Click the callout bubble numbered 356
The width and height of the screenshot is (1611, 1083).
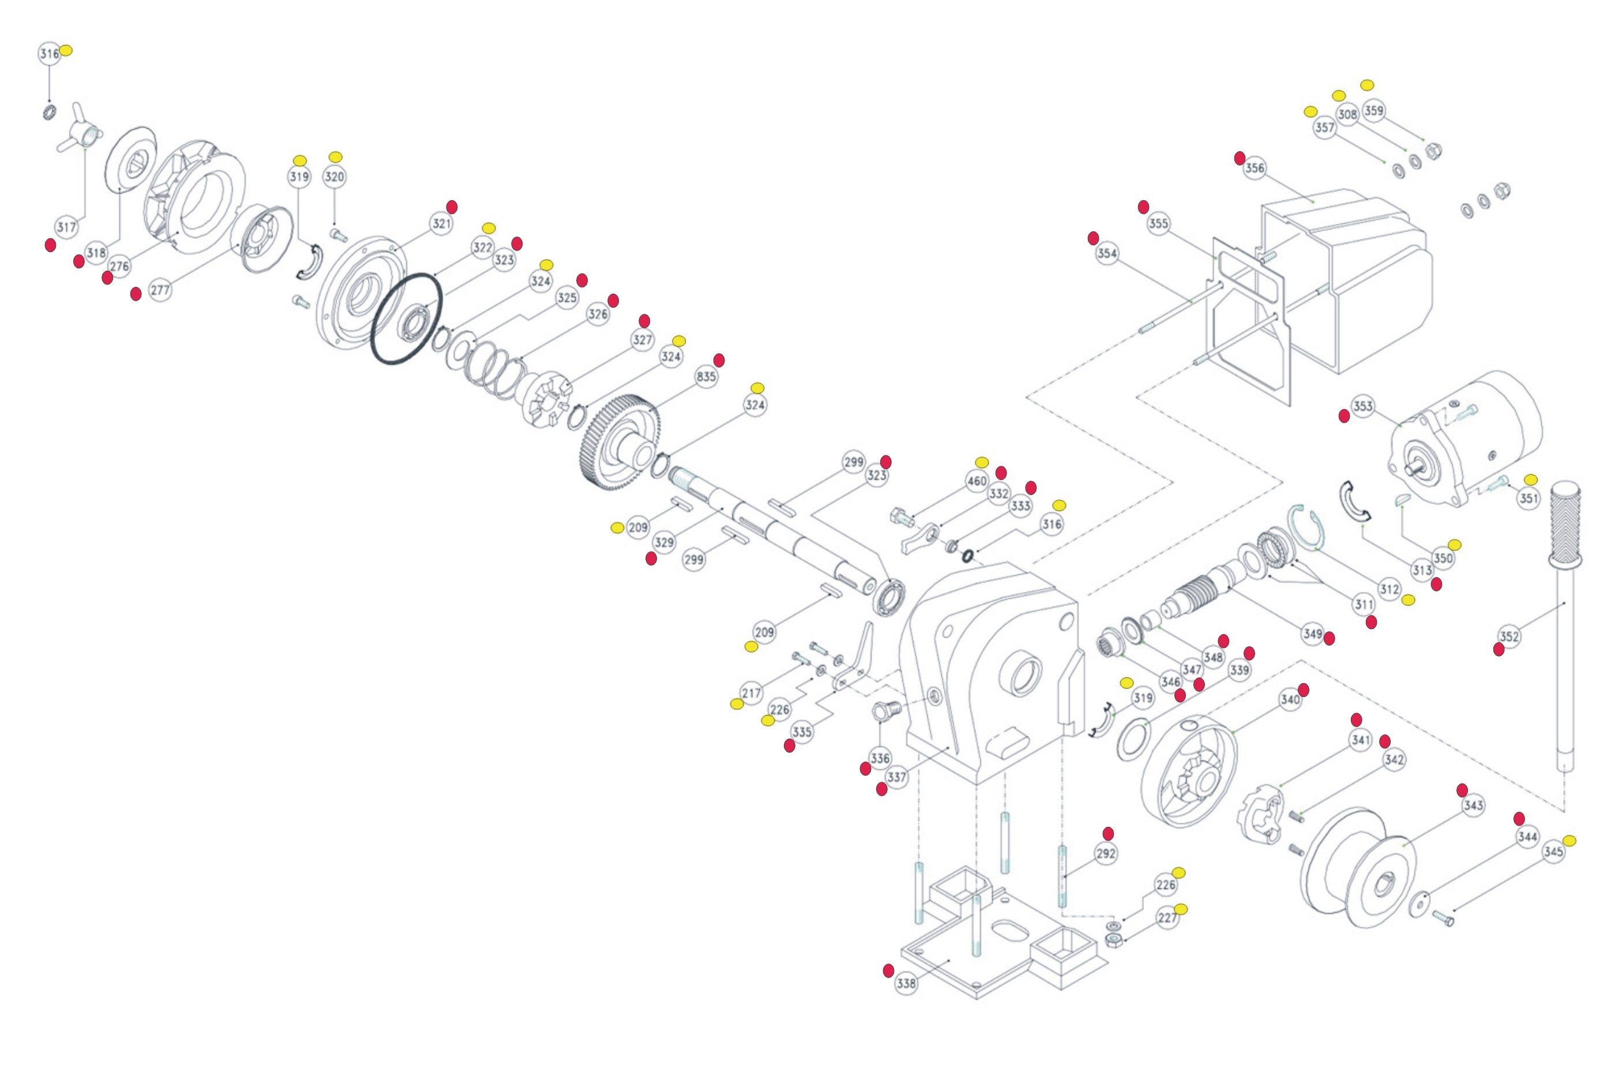tap(1254, 168)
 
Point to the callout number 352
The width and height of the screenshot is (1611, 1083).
tap(1509, 636)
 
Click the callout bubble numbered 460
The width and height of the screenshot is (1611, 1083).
tap(977, 481)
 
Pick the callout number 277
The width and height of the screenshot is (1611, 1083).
tap(160, 290)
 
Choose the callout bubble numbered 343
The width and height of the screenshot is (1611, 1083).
tap(1473, 805)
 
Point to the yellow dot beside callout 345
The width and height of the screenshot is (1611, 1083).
tap(1569, 841)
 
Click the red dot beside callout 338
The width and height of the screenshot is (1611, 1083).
tap(889, 970)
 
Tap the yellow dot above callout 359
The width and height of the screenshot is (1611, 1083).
tap(1367, 85)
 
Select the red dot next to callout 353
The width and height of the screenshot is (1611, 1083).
tap(1344, 416)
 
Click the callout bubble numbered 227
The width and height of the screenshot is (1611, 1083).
tap(1167, 918)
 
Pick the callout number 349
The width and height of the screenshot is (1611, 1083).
tap(1312, 634)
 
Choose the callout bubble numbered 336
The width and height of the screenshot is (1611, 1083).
tap(880, 758)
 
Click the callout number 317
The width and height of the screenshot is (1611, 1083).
tap(66, 227)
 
